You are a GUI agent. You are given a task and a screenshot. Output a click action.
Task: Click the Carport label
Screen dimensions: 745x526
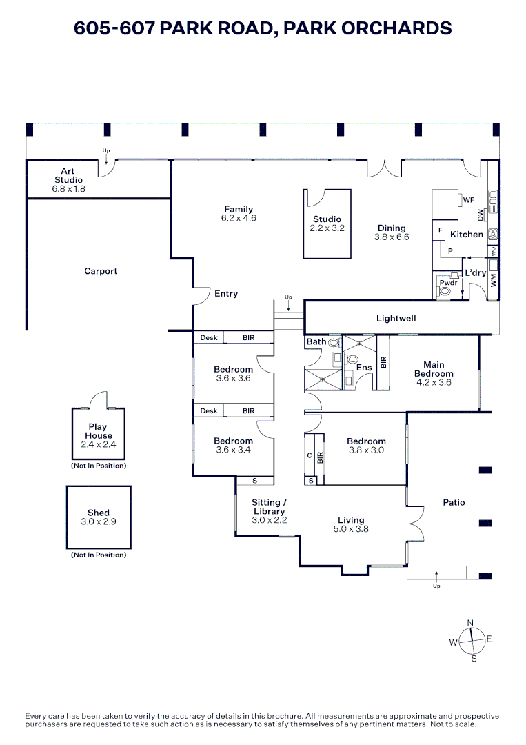click(101, 271)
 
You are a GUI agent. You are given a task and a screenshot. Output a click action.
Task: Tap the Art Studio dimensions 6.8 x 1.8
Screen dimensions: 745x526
click(68, 188)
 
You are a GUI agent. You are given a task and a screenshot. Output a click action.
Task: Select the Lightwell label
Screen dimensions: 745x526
click(396, 319)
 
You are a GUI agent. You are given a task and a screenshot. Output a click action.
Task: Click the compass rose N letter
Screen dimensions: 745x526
click(471, 624)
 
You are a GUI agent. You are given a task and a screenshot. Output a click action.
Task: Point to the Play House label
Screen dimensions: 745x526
click(98, 431)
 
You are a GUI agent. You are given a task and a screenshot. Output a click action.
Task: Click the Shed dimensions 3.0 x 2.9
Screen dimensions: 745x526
click(99, 521)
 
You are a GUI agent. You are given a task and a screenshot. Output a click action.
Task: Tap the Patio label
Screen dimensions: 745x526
click(454, 502)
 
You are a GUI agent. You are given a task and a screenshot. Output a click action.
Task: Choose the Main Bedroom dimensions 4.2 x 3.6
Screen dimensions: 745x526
click(434, 382)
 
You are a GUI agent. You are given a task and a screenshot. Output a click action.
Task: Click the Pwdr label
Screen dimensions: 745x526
click(449, 283)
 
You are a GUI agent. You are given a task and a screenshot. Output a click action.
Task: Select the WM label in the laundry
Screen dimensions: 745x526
click(493, 279)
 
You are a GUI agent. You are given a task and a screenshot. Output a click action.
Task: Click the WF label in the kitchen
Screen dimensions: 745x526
click(469, 200)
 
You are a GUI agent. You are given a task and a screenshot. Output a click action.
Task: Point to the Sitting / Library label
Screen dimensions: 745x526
click(269, 507)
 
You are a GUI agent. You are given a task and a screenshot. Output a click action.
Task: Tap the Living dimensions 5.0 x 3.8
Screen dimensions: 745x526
click(351, 529)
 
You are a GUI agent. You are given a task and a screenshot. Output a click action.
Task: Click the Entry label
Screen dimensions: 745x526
click(226, 293)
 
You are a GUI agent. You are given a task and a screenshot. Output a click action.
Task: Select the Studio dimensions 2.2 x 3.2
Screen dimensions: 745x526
click(327, 228)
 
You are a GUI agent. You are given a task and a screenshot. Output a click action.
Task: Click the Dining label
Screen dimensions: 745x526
click(392, 228)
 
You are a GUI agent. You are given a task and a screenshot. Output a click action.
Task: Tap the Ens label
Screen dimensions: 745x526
click(364, 368)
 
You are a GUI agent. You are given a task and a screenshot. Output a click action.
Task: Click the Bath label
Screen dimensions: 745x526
click(316, 341)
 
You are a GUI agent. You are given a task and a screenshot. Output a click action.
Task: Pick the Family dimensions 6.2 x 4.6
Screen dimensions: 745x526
click(239, 218)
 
